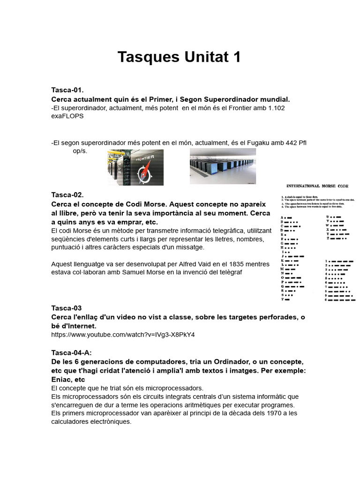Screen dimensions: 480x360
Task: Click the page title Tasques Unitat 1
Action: [179, 57]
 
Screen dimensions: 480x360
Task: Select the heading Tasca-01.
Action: [67, 90]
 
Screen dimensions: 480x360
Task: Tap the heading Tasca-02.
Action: [67, 195]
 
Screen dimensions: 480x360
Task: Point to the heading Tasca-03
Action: [66, 308]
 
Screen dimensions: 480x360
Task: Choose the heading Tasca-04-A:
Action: [75, 352]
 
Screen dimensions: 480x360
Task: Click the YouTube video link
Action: [123, 335]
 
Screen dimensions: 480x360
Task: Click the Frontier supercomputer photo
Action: [135, 167]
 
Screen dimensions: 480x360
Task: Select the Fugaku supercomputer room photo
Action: [223, 166]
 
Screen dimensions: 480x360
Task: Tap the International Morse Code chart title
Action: [316, 186]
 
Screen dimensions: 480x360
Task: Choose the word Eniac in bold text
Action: [61, 380]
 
